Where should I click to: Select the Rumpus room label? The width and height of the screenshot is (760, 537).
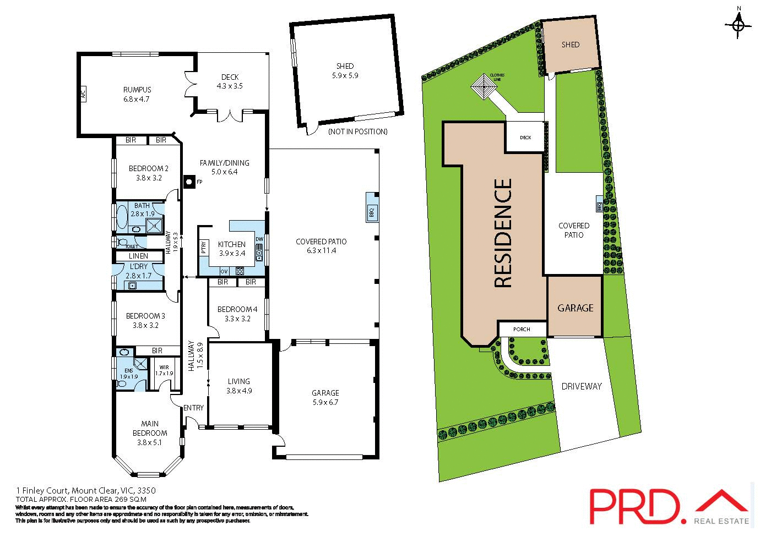137,90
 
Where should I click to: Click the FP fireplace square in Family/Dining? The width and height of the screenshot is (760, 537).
189,180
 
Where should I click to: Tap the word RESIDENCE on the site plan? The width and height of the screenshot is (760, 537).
504,233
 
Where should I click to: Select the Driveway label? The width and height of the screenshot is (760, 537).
582,386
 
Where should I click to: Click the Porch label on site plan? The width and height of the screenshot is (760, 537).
521,330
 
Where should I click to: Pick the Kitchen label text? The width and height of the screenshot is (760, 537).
232,244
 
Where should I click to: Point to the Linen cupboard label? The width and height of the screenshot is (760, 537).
139,256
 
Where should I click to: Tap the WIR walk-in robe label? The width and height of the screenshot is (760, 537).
164,367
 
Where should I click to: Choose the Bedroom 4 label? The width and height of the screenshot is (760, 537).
237,309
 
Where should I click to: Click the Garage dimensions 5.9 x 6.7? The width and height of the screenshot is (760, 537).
325,402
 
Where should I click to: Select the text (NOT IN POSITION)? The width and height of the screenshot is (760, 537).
357,131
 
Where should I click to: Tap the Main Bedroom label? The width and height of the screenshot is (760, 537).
149,428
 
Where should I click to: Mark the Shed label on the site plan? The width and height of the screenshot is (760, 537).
570,45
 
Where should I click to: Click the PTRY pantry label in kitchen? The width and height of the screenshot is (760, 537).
204,248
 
